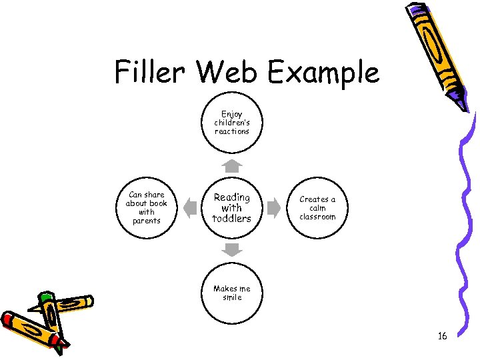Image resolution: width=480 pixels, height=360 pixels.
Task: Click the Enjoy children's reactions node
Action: [231, 123]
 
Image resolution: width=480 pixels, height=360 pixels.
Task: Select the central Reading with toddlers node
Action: [231, 208]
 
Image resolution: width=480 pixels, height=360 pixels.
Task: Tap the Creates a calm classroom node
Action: [317, 208]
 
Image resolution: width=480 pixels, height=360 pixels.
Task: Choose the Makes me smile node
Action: [231, 293]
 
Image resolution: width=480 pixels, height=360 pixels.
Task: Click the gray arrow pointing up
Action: [231, 165]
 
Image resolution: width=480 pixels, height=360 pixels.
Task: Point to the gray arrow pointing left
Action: [189, 208]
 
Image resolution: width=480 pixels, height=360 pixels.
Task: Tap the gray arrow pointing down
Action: [231, 250]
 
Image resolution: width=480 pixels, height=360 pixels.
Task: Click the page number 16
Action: [442, 336]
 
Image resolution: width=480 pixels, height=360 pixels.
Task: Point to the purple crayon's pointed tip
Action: [463, 106]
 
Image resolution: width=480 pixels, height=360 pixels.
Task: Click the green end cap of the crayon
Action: [45, 298]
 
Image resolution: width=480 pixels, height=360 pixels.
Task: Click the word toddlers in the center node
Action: [231, 219]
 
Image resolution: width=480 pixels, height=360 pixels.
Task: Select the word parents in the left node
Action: [147, 221]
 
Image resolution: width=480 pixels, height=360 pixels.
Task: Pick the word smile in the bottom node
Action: [232, 297]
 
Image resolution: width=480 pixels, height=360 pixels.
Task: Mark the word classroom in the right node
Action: [317, 217]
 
